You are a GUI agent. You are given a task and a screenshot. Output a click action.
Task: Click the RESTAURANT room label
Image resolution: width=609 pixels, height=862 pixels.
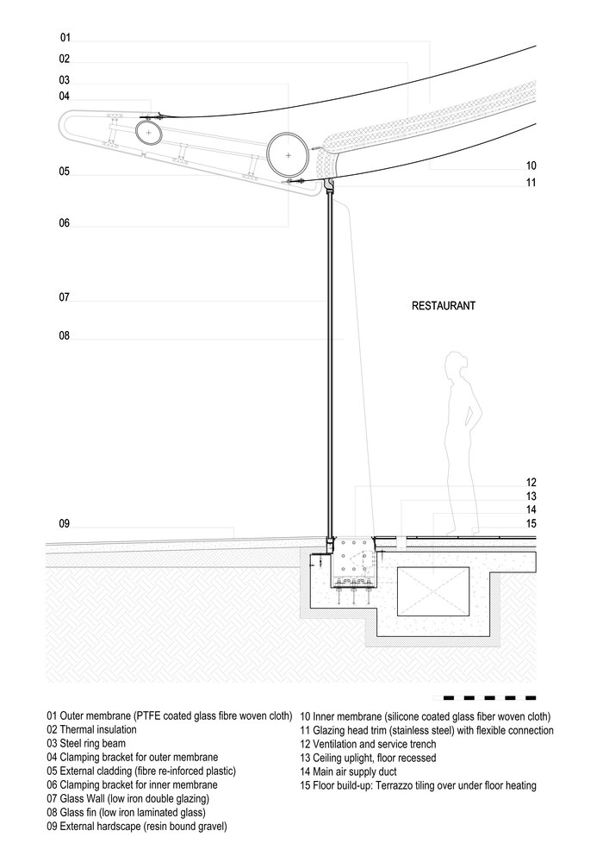click(x=443, y=306)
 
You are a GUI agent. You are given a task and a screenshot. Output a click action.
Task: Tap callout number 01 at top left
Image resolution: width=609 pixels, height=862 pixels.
click(x=65, y=38)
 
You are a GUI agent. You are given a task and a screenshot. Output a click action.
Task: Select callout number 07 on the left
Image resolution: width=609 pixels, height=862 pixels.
click(x=64, y=297)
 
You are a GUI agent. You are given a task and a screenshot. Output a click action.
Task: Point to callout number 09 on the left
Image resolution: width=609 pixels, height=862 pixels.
click(x=64, y=524)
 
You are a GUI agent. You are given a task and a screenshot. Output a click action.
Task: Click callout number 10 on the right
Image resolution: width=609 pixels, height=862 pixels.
click(x=531, y=166)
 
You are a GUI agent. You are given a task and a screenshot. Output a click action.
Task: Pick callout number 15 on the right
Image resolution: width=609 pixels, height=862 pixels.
click(x=531, y=523)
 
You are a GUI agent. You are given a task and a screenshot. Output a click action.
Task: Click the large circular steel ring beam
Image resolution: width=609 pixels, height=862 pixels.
click(x=289, y=155)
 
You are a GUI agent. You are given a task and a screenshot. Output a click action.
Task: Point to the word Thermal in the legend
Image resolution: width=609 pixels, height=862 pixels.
click(x=78, y=730)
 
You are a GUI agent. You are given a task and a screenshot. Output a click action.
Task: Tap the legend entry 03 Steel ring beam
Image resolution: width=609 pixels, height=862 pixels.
click(x=96, y=744)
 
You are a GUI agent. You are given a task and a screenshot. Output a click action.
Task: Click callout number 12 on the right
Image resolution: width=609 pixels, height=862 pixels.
click(x=531, y=483)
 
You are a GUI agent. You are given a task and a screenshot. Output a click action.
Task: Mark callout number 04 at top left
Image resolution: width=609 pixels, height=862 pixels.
click(x=65, y=97)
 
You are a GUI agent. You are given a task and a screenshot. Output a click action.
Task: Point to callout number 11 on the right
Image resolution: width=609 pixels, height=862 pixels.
click(x=531, y=183)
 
